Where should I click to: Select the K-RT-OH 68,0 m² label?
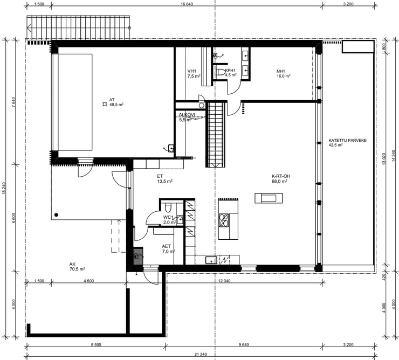pyautogui.click(x=281, y=178)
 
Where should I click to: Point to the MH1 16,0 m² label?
pyautogui.click(x=284, y=73)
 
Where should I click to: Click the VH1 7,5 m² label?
pyautogui.click(x=194, y=73)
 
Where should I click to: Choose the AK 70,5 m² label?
pyautogui.click(x=77, y=267)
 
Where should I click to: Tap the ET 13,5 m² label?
pyautogui.click(x=165, y=178)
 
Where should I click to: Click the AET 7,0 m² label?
pyautogui.click(x=168, y=249)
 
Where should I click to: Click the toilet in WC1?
pyautogui.click(x=168, y=207)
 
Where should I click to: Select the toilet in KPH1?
pyautogui.click(x=221, y=72)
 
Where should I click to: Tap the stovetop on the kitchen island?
pyautogui.click(x=224, y=220)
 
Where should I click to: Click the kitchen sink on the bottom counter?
pyautogui.click(x=211, y=260)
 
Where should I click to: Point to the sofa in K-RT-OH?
pyautogui.click(x=269, y=198)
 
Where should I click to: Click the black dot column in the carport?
pyautogui.click(x=56, y=215)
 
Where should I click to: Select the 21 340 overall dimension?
pyautogui.click(x=201, y=355)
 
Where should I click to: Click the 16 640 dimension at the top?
pyautogui.click(x=187, y=4)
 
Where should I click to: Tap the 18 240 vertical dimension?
pyautogui.click(x=4, y=188)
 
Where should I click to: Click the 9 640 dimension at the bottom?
pyautogui.click(x=244, y=345)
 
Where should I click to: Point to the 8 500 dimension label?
pyautogui.click(x=96, y=345)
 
